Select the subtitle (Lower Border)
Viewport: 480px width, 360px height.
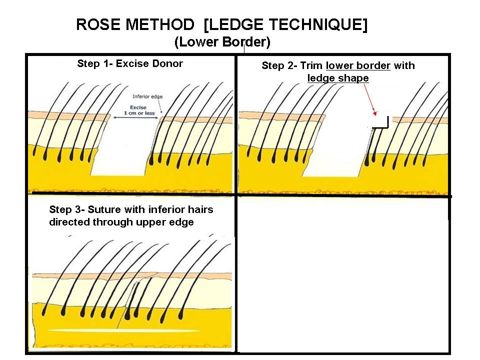click(222, 42)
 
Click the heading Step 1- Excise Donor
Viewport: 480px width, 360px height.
click(130, 64)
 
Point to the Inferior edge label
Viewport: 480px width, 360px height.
click(147, 96)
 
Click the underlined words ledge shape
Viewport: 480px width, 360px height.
click(338, 78)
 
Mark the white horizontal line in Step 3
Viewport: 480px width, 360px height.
click(125, 331)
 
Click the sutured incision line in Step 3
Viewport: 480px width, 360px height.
click(131, 300)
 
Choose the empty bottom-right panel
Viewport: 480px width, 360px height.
click(343, 275)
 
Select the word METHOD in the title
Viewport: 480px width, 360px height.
click(161, 25)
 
